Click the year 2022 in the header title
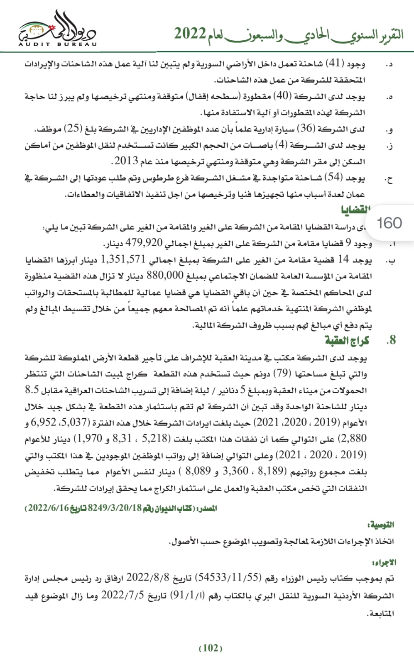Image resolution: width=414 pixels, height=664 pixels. pyautogui.click(x=190, y=34)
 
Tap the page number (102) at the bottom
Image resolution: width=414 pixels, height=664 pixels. pyautogui.click(x=211, y=648)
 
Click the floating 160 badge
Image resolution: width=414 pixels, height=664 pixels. pyautogui.click(x=389, y=223)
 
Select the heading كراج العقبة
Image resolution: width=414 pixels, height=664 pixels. pyautogui.click(x=347, y=341)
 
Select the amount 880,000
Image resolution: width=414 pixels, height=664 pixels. pyautogui.click(x=165, y=276)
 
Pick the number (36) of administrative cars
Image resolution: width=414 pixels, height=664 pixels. pyautogui.click(x=307, y=129)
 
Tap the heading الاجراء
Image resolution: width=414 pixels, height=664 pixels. pyautogui.click(x=384, y=562)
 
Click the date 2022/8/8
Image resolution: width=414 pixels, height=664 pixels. pyautogui.click(x=148, y=578)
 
